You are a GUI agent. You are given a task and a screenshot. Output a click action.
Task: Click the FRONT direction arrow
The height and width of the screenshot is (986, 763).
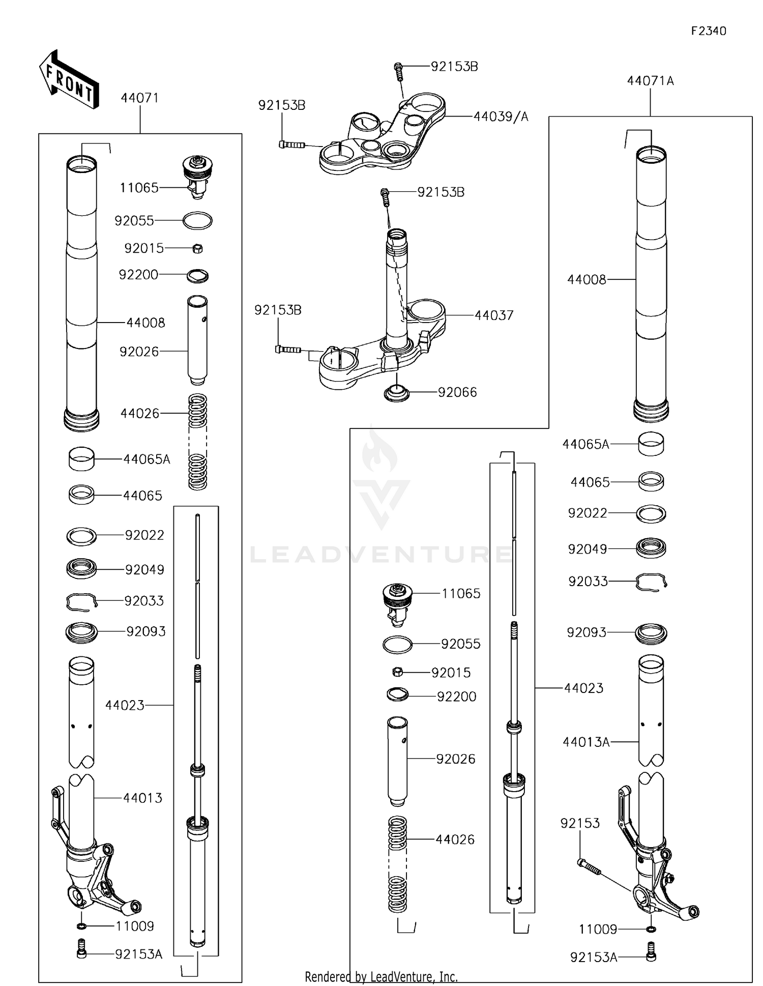(69, 80)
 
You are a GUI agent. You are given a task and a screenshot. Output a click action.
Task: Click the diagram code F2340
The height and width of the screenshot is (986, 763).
(708, 31)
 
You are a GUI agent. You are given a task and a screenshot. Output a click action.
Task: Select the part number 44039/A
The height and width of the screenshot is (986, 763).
(501, 117)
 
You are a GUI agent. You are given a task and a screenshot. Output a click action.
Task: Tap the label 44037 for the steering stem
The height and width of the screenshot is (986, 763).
(494, 315)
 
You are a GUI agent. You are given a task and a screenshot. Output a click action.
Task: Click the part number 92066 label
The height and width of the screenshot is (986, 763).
(457, 392)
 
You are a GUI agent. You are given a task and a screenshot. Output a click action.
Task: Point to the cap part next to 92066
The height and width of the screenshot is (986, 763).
(396, 394)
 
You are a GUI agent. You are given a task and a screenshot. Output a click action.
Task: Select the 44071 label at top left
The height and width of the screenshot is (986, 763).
(139, 98)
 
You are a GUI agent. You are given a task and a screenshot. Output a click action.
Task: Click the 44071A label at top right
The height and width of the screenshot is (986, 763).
(650, 81)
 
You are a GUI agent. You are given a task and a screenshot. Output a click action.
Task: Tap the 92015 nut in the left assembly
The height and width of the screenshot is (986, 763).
(198, 249)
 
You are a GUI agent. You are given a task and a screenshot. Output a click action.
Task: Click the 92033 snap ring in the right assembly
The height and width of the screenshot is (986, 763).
(652, 582)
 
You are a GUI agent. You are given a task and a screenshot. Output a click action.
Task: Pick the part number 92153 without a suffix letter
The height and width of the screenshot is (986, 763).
(580, 823)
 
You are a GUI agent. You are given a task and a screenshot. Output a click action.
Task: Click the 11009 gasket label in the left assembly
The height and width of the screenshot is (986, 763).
(134, 926)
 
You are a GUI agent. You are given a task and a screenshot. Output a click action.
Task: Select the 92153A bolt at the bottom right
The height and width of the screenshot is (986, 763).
(651, 951)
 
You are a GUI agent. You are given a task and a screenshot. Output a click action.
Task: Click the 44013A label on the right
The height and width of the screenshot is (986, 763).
(585, 742)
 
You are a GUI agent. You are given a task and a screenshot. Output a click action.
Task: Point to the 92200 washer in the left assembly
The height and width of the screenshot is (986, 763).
(197, 276)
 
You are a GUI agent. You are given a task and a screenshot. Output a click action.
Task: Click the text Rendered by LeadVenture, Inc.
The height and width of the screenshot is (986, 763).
(381, 977)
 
